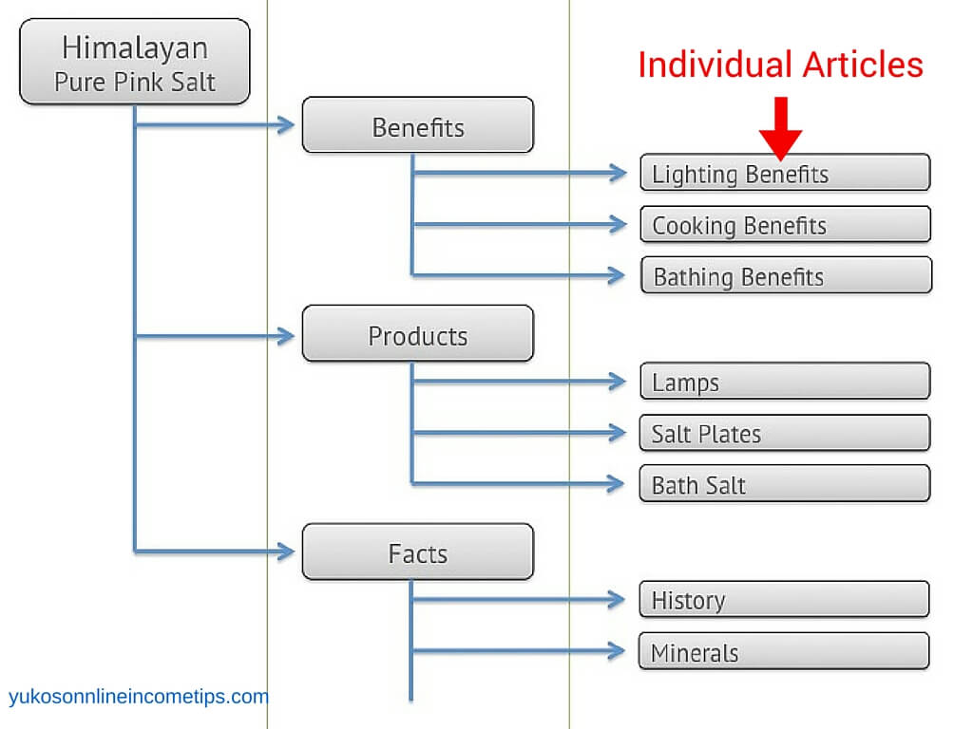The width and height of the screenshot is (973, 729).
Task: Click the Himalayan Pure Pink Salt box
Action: pyautogui.click(x=135, y=62)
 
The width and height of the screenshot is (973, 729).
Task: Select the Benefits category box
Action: pyautogui.click(x=418, y=124)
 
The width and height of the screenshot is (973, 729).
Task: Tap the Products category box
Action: pyautogui.click(x=418, y=333)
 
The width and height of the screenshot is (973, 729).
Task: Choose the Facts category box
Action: pyautogui.click(x=418, y=551)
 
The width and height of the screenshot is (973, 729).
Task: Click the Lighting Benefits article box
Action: pyautogui.click(x=785, y=173)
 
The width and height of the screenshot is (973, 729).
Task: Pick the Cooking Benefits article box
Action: pyautogui.click(x=785, y=224)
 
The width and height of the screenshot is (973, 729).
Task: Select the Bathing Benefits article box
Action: pyautogui.click(x=786, y=274)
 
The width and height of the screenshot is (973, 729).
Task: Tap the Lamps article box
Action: pyautogui.click(x=785, y=381)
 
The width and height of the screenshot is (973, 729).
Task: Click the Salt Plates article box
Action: pyautogui.click(x=784, y=432)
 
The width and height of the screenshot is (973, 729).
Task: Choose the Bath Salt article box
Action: pyautogui.click(x=784, y=483)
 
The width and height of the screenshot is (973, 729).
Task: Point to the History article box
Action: pyautogui.click(x=784, y=599)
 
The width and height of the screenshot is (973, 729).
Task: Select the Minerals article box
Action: pyautogui.click(x=784, y=651)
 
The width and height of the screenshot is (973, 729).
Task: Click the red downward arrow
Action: pyautogui.click(x=781, y=128)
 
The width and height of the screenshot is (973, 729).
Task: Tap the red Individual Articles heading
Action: pyautogui.click(x=781, y=65)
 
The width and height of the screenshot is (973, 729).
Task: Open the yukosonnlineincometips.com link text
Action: pyautogui.click(x=139, y=697)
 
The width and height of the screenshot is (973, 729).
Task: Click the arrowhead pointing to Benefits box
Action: pyautogui.click(x=286, y=124)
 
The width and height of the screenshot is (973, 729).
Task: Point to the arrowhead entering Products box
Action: pyautogui.click(x=286, y=336)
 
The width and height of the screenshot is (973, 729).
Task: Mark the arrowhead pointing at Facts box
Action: pyautogui.click(x=286, y=551)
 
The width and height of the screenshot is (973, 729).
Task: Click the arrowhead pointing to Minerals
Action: pyautogui.click(x=617, y=651)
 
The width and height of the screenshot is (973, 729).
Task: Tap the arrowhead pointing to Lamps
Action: pyautogui.click(x=618, y=382)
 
